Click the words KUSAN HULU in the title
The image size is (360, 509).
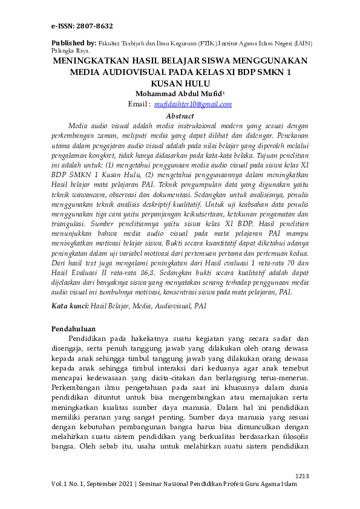(x=180, y=83)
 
